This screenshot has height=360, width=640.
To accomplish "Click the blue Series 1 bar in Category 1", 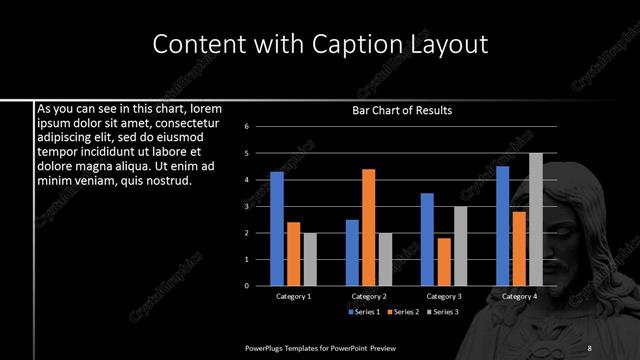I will [x=277, y=229].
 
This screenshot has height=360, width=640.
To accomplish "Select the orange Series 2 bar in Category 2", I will [x=369, y=227].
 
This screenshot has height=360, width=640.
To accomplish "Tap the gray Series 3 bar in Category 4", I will [x=536, y=219].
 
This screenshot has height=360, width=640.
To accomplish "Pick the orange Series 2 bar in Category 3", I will [x=444, y=262].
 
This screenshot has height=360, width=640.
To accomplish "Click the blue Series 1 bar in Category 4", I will [x=503, y=226].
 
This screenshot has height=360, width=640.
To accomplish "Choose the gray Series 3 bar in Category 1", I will [x=310, y=259].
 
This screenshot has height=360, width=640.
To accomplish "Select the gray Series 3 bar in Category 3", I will [x=460, y=246].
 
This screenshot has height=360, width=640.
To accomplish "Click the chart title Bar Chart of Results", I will [x=402, y=111].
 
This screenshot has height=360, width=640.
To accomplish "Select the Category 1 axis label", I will [x=293, y=296].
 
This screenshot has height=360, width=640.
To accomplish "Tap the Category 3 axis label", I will [x=444, y=296].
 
